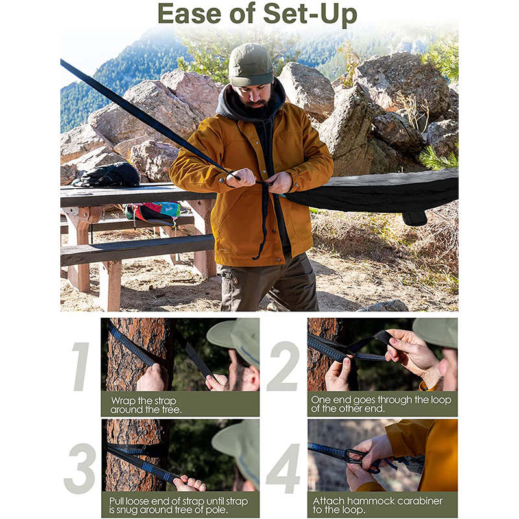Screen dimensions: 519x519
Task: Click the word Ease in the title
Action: pyautogui.click(x=189, y=14)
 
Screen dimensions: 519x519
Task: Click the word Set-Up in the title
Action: pyautogui.click(x=310, y=15)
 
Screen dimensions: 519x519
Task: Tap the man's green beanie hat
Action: pyautogui.click(x=250, y=65)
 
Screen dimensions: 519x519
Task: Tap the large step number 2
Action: pyautogui.click(x=284, y=366)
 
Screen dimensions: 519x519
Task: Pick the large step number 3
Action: pyautogui.click(x=80, y=468)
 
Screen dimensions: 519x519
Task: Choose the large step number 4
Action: pyautogui.click(x=284, y=468)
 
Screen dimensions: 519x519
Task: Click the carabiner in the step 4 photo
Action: pyautogui.click(x=356, y=457)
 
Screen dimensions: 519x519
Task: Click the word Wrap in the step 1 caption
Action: pyautogui.click(x=124, y=401)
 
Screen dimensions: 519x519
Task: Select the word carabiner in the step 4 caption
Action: pyautogui.click(x=419, y=501)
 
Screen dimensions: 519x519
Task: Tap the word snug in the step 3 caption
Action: pyautogui.click(x=128, y=511)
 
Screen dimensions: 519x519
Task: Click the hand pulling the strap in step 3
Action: pyautogui.click(x=189, y=483)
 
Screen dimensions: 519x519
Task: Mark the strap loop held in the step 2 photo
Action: pyautogui.click(x=383, y=337)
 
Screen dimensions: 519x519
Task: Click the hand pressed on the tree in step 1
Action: pyautogui.click(x=152, y=378)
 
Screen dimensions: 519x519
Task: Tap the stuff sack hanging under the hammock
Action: pyautogui.click(x=414, y=219)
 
